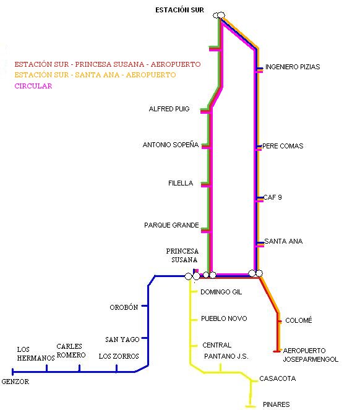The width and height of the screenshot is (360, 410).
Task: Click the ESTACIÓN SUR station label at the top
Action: [179, 9]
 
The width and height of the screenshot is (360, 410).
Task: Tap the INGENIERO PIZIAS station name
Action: [293, 67]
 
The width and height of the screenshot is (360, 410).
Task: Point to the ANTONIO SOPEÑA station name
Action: [171, 145]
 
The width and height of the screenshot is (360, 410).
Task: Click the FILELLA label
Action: [181, 184]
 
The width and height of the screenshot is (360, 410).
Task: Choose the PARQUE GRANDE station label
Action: [172, 225]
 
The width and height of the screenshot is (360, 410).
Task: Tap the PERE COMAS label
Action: [283, 147]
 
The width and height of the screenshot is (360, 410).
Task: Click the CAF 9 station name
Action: [273, 197]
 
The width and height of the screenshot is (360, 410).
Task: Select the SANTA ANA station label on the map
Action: [283, 241]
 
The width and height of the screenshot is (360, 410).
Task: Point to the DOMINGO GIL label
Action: [221, 292]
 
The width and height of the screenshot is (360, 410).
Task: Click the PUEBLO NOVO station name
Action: [223, 318]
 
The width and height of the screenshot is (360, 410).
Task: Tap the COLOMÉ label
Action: [299, 320]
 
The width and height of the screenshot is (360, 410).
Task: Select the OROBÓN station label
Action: [124, 307]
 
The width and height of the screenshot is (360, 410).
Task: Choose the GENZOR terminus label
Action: [15, 382]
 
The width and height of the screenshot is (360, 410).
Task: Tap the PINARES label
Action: [276, 404]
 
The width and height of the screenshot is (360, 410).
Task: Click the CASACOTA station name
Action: [278, 378]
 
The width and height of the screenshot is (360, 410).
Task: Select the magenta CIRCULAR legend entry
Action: [33, 86]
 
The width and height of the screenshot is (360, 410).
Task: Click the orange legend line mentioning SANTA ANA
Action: [95, 75]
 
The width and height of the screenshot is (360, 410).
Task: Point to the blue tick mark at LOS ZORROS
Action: [117, 369]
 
